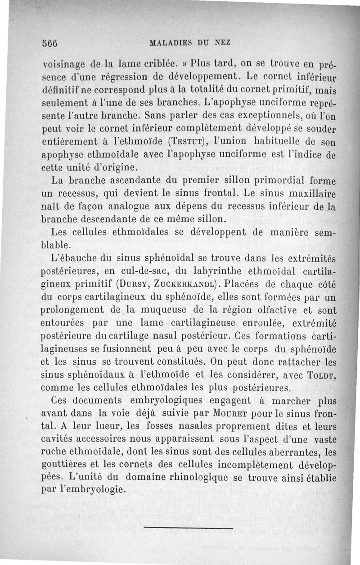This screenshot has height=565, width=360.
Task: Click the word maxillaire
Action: [310, 195]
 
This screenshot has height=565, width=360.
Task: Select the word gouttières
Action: [66, 463]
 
